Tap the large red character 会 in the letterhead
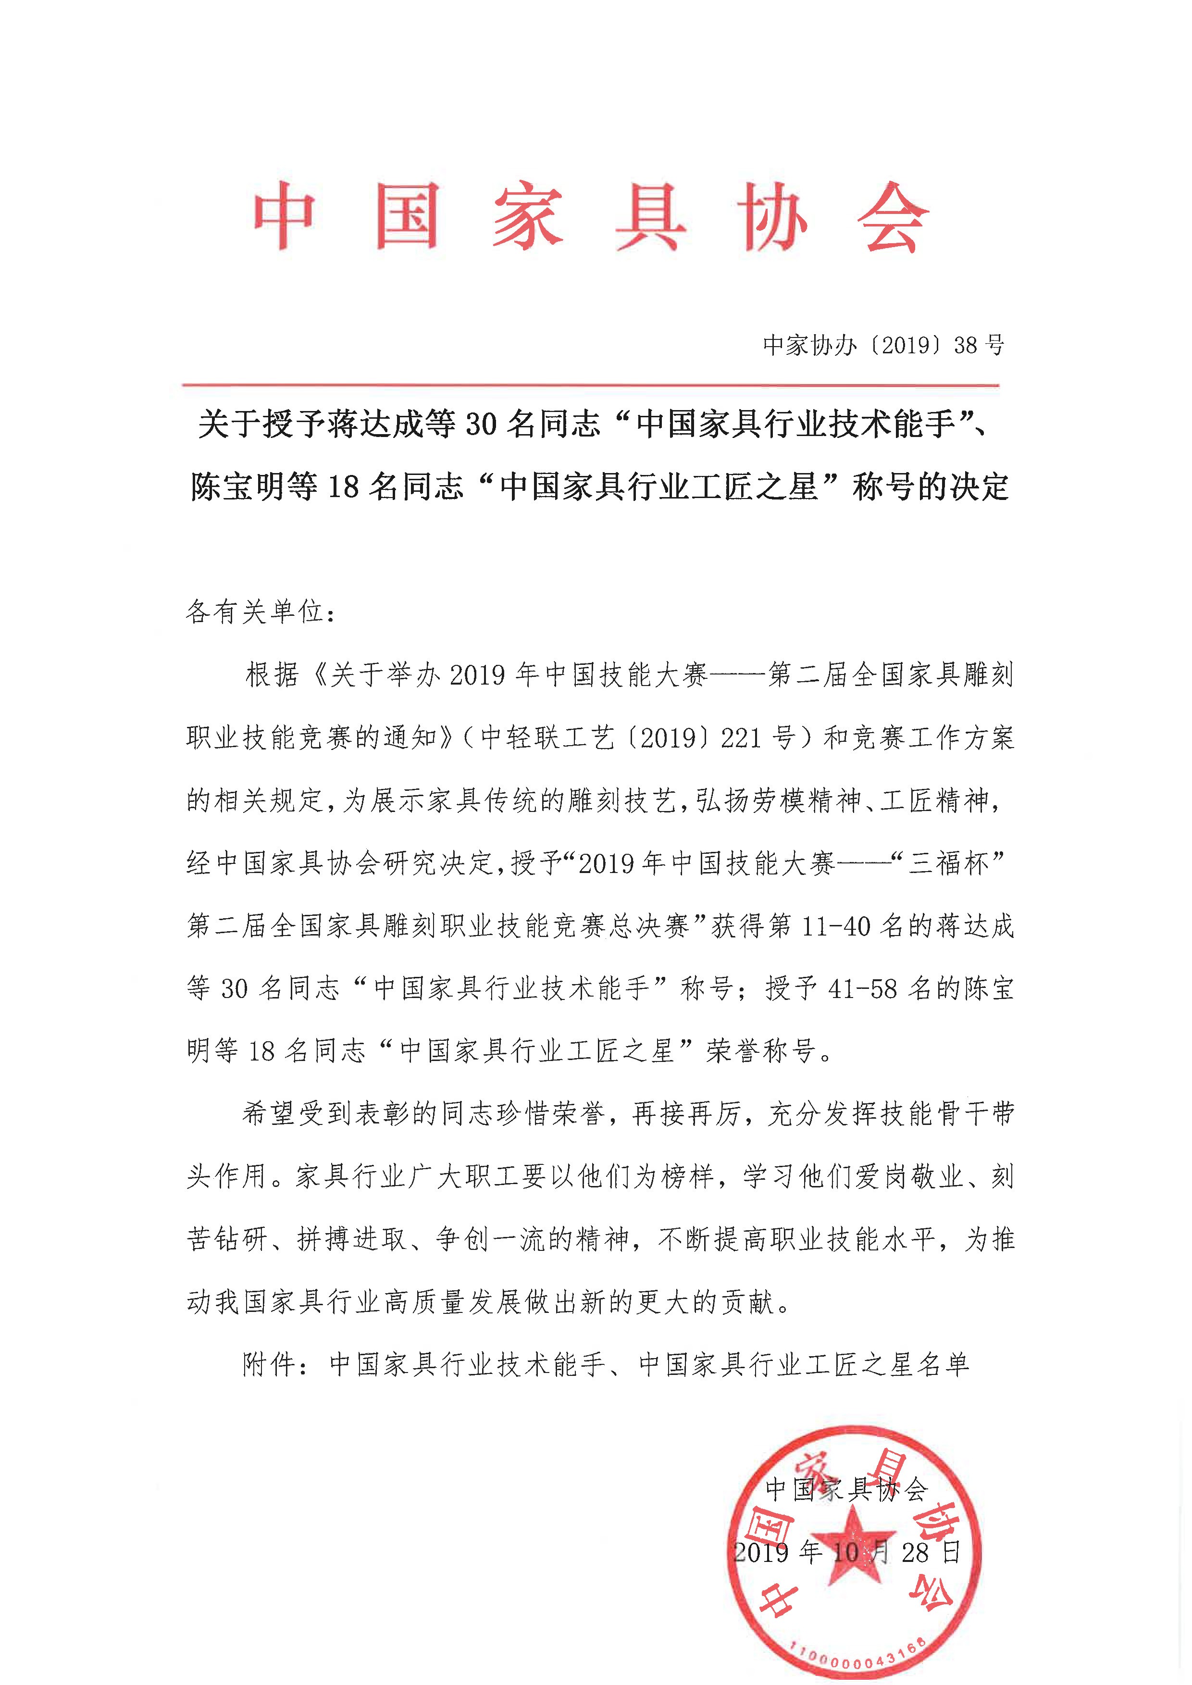(x=893, y=217)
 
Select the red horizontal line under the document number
(x=591, y=385)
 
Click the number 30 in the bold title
(x=482, y=425)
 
